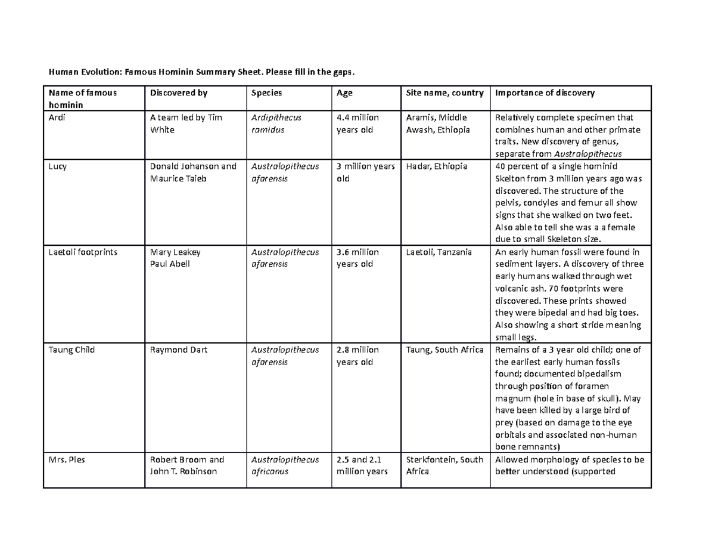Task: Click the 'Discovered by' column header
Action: click(x=178, y=92)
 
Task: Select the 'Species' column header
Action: click(x=266, y=92)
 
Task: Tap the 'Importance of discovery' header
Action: click(x=545, y=92)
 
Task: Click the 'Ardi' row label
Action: click(x=56, y=118)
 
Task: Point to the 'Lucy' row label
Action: click(x=57, y=166)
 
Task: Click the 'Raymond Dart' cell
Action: click(x=179, y=350)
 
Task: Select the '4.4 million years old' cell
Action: click(x=357, y=123)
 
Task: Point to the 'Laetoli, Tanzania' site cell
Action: click(x=439, y=252)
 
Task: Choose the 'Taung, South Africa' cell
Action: click(x=444, y=350)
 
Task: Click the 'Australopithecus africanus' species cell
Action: click(x=285, y=465)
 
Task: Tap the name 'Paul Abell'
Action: click(x=170, y=264)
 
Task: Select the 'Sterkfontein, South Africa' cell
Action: click(x=444, y=465)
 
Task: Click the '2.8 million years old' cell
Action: click(x=357, y=356)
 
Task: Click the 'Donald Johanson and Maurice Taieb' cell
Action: click(x=193, y=172)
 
